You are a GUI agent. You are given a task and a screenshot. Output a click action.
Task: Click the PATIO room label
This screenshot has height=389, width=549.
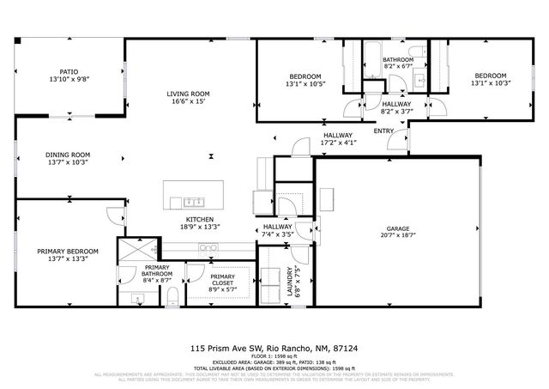(x=69, y=73)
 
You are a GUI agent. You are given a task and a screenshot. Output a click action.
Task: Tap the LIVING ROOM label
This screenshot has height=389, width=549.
(x=188, y=93)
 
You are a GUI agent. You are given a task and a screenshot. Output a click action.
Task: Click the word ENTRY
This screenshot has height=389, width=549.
(x=383, y=131)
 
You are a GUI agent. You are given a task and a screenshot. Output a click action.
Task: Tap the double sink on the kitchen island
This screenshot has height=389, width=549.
(x=192, y=203)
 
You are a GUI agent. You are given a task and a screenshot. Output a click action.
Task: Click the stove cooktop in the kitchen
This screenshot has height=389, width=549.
(x=208, y=247)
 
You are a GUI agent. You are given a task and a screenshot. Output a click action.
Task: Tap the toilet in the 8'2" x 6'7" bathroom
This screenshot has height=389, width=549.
(x=415, y=52)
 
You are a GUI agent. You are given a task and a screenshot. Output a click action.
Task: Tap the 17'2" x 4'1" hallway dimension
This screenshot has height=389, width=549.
(x=338, y=143)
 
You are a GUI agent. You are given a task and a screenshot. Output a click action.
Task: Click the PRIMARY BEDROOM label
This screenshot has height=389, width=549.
(x=68, y=252)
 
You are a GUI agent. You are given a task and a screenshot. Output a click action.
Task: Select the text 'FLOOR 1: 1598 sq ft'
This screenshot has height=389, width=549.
(x=274, y=356)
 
